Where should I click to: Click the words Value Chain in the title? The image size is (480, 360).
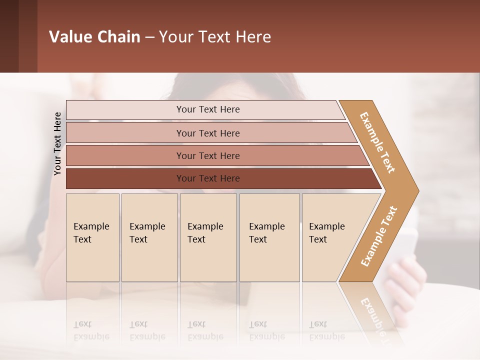(x=94, y=37)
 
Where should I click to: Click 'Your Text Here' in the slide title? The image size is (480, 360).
(x=215, y=37)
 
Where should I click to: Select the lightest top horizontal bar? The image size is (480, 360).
(x=207, y=109)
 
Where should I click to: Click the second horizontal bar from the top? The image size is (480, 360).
(x=207, y=133)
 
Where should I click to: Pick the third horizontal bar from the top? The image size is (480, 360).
(x=207, y=155)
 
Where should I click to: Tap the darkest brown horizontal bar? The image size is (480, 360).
(x=207, y=178)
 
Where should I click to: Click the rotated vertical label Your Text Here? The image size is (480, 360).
(x=57, y=143)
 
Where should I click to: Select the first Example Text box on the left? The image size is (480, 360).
(x=92, y=237)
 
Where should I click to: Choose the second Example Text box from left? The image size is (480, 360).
(x=149, y=237)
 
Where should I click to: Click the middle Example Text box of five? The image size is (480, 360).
(x=208, y=237)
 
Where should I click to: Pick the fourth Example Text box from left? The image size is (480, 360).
(x=269, y=237)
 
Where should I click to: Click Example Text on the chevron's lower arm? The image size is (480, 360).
(x=379, y=236)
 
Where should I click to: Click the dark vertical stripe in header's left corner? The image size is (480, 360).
(x=9, y=36)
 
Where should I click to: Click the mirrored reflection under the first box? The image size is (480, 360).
(x=92, y=320)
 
